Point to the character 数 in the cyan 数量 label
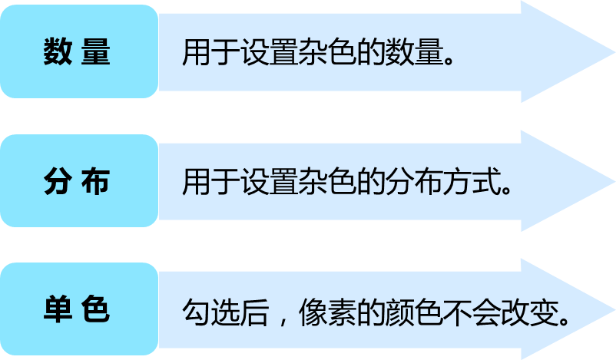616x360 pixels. tap(58, 52)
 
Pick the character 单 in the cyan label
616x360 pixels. tap(58, 310)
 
